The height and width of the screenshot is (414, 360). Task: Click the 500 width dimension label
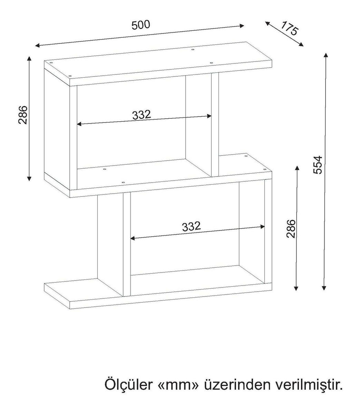coord(141,25)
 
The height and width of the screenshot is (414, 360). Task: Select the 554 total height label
coord(318,165)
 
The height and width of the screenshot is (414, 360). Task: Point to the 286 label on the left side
coord(23,115)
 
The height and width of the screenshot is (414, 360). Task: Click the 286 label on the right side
coord(291,229)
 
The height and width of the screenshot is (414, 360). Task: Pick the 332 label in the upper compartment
coord(142,115)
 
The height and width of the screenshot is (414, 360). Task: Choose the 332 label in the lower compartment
coord(192,226)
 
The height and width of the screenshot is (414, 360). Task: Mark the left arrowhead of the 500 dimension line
coord(37,45)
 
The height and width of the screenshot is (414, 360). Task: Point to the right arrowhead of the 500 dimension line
coord(242,26)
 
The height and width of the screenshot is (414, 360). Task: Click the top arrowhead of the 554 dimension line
coord(325,56)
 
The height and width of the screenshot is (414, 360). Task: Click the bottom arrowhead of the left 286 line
coord(29,178)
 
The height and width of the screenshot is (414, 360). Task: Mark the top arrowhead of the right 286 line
coord(297,168)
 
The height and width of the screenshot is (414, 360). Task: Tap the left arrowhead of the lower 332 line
coord(133,238)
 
